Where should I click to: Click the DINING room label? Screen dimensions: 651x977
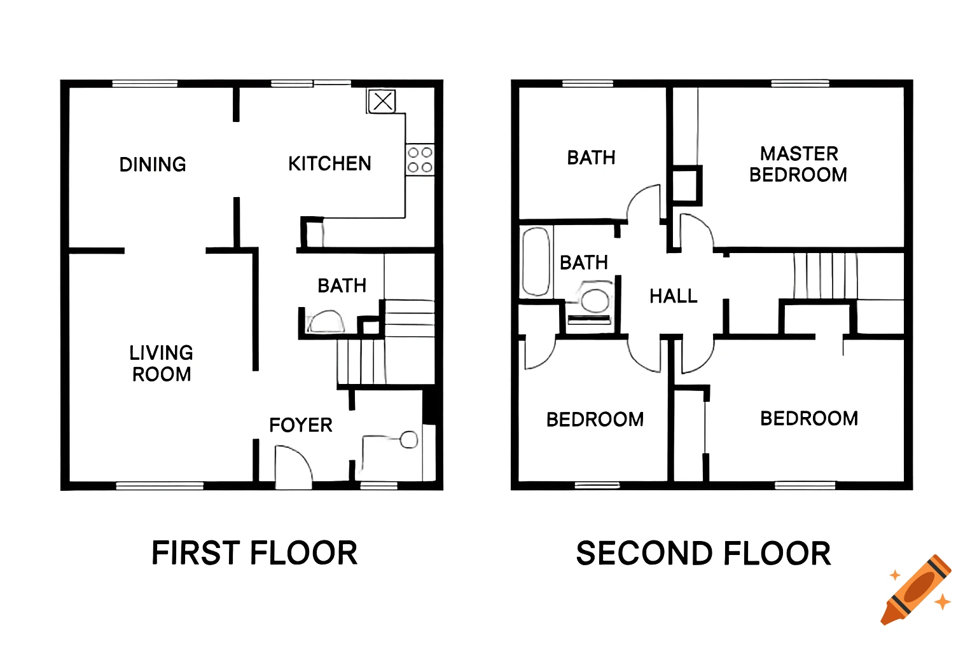click(153, 165)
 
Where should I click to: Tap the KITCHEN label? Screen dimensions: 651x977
click(329, 164)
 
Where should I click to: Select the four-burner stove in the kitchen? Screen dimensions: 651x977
click(420, 160)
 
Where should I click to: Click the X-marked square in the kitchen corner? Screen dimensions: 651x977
click(382, 101)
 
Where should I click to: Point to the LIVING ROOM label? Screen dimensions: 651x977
click(162, 364)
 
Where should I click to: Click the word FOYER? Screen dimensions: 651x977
click(301, 425)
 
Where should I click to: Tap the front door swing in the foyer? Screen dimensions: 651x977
click(293, 467)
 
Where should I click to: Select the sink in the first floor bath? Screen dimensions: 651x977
click(326, 322)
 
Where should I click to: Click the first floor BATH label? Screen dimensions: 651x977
click(342, 286)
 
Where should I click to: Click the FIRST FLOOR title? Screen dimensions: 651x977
click(254, 553)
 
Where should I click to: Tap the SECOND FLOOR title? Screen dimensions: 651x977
click(703, 554)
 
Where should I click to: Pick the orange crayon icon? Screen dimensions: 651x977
click(917, 589)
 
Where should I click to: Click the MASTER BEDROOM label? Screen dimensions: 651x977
click(798, 164)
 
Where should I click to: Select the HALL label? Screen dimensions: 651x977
click(674, 296)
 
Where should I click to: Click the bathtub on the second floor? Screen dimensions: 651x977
click(536, 262)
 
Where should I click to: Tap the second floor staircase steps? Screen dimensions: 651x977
click(825, 275)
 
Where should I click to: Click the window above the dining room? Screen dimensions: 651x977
click(145, 83)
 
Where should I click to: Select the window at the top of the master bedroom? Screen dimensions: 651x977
click(800, 83)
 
